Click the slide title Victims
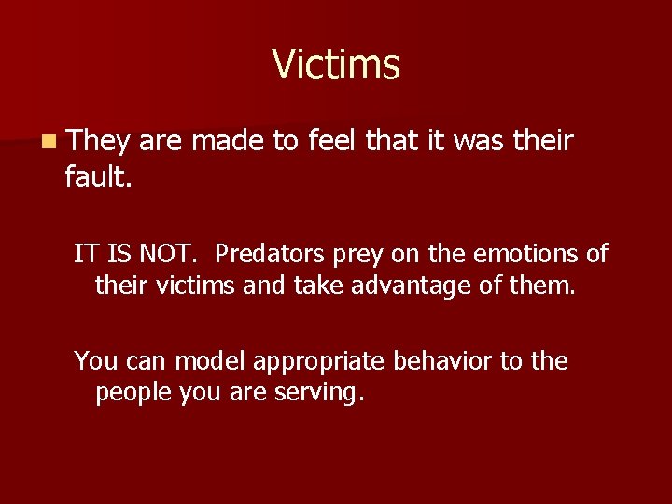[336, 65]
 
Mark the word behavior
[443, 360]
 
